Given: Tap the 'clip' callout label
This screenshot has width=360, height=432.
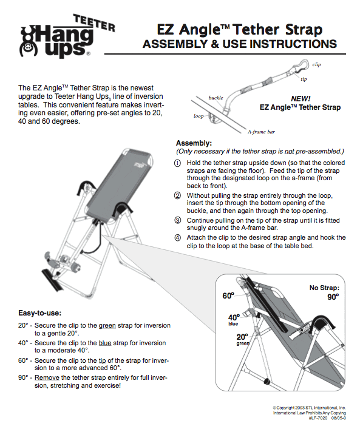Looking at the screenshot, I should [x=316, y=64].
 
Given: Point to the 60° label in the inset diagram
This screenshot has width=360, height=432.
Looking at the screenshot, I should [x=227, y=296].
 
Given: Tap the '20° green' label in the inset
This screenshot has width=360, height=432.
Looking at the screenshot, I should [x=242, y=339].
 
